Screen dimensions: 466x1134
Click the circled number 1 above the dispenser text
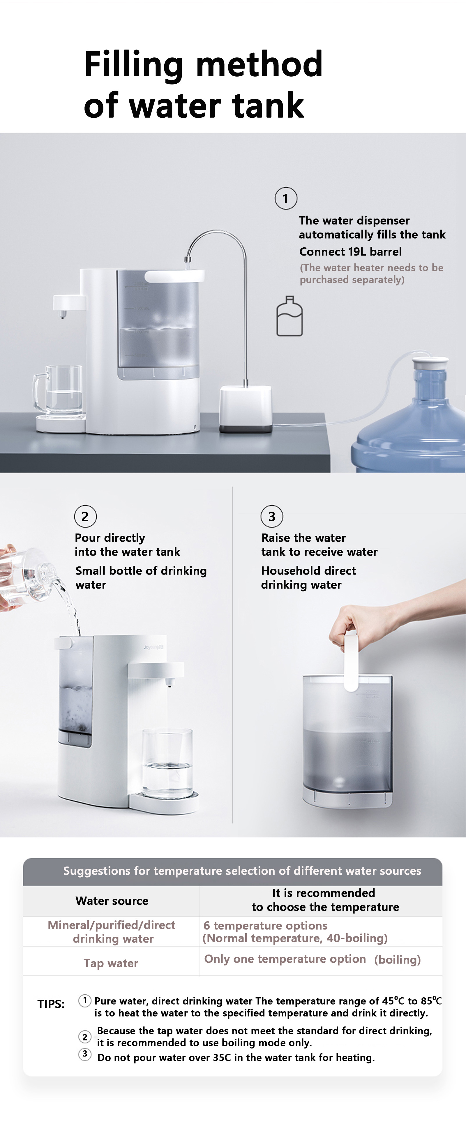(286, 198)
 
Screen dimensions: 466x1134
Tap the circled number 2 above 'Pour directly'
(85, 516)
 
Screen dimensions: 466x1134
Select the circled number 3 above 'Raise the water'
(272, 516)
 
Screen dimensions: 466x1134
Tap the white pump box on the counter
(246, 409)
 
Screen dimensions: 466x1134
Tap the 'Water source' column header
(112, 901)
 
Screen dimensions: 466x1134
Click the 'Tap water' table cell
(111, 963)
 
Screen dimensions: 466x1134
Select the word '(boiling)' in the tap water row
(397, 960)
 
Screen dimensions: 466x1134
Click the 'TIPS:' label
(51, 1004)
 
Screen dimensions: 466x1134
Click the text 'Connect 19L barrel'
(350, 252)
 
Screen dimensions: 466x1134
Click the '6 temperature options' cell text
(265, 925)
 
